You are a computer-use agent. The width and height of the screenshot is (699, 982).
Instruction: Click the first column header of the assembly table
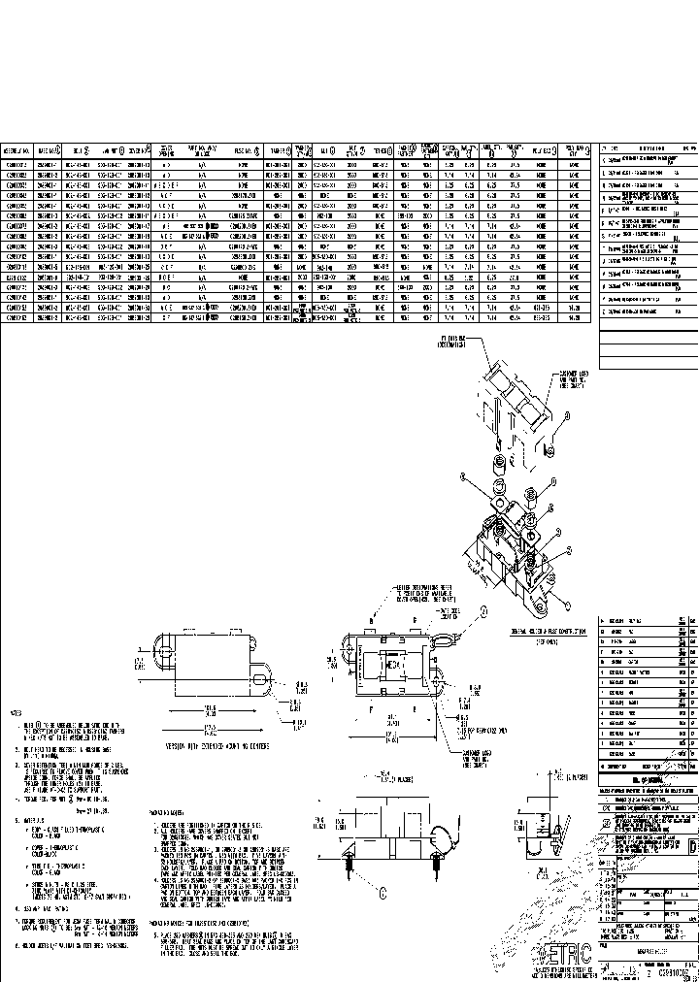[x=18, y=151]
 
